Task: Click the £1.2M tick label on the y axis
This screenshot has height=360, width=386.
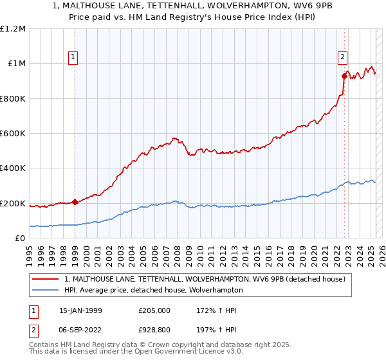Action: click(x=13, y=29)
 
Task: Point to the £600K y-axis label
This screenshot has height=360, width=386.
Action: click(x=13, y=134)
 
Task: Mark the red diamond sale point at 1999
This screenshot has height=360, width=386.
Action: click(x=75, y=202)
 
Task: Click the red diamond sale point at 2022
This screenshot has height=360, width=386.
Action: click(x=344, y=76)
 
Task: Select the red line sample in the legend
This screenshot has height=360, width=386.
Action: click(x=46, y=280)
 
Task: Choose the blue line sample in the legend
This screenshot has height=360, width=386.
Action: click(x=46, y=291)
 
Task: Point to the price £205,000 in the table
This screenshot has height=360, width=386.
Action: click(x=153, y=311)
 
